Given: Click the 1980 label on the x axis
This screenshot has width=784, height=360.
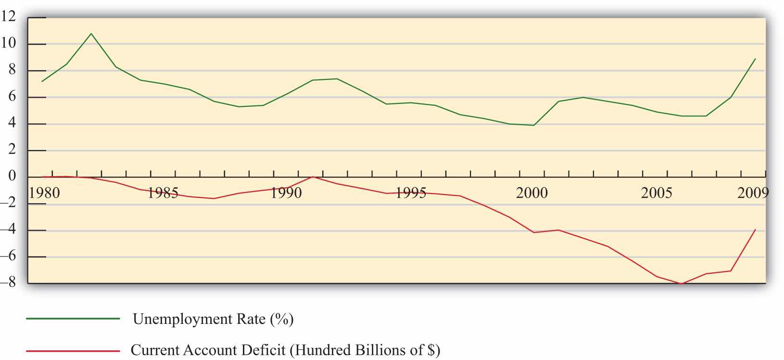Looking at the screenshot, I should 44,193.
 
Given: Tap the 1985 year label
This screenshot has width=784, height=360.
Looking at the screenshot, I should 163,193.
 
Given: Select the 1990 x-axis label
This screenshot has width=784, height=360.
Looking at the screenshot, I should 286,193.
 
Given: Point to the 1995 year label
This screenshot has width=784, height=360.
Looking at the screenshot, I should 410,193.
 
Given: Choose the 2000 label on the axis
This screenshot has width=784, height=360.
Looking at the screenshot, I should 532,193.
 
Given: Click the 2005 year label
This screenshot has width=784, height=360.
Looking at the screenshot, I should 657,193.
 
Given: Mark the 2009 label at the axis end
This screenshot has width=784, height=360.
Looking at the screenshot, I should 753,193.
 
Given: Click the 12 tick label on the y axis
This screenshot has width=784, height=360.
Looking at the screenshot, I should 9,17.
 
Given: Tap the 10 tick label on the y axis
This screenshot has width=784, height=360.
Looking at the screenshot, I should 9,43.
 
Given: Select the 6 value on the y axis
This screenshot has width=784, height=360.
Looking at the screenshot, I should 12,97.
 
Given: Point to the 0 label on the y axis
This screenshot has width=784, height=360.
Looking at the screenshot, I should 12,177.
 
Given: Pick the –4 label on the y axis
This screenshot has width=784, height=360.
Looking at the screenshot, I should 9,230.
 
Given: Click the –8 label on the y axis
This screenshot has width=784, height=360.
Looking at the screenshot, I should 9,283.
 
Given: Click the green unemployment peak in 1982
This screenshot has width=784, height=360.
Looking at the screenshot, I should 91,34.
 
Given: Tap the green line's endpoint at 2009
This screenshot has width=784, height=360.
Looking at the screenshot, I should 755,59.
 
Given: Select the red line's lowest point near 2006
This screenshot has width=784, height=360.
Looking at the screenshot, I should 682,283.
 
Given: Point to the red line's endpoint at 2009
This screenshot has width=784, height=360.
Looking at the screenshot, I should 755,230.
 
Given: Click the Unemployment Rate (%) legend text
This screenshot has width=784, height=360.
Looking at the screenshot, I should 213,319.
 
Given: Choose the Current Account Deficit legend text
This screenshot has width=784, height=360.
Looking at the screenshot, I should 285,350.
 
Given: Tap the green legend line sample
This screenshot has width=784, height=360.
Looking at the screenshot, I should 73,319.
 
